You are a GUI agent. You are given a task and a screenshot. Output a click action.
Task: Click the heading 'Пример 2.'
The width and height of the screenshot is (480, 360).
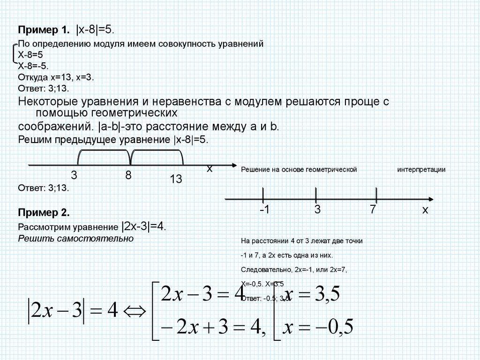click(x=44, y=212)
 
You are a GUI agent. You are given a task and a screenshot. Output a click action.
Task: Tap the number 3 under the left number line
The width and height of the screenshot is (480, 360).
click(x=74, y=175)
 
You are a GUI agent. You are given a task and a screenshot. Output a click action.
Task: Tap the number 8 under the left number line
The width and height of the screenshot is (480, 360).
click(x=128, y=175)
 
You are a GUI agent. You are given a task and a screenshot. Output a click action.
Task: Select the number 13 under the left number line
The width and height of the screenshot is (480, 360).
click(x=176, y=180)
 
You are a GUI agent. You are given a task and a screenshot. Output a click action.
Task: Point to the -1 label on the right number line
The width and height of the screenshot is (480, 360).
click(x=264, y=210)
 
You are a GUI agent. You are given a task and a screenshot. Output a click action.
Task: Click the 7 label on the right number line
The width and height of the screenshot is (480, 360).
click(x=373, y=210)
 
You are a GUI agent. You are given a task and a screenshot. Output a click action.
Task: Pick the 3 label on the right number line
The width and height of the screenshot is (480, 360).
click(x=317, y=210)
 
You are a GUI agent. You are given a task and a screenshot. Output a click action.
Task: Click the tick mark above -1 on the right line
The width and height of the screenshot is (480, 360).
click(x=262, y=194)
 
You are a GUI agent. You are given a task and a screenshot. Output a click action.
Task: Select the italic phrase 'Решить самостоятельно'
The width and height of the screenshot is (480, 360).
click(x=75, y=239)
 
